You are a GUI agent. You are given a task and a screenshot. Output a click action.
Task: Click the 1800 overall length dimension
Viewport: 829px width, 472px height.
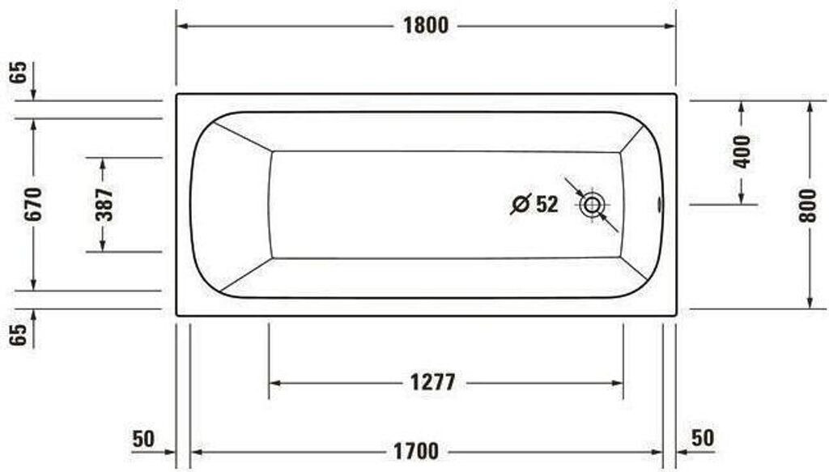click(x=426, y=26)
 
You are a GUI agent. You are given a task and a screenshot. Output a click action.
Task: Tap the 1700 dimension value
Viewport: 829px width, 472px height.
click(x=416, y=451)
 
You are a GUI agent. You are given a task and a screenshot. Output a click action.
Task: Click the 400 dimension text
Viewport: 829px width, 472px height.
click(x=742, y=151)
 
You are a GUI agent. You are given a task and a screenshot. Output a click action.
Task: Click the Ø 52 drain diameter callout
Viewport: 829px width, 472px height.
click(x=535, y=204)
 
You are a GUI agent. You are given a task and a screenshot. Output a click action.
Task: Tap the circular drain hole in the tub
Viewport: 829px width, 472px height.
click(x=592, y=205)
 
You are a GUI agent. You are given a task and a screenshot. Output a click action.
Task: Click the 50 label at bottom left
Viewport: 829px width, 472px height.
click(x=143, y=439)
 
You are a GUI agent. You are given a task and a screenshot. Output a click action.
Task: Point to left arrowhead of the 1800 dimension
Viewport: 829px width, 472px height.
click(x=182, y=26)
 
